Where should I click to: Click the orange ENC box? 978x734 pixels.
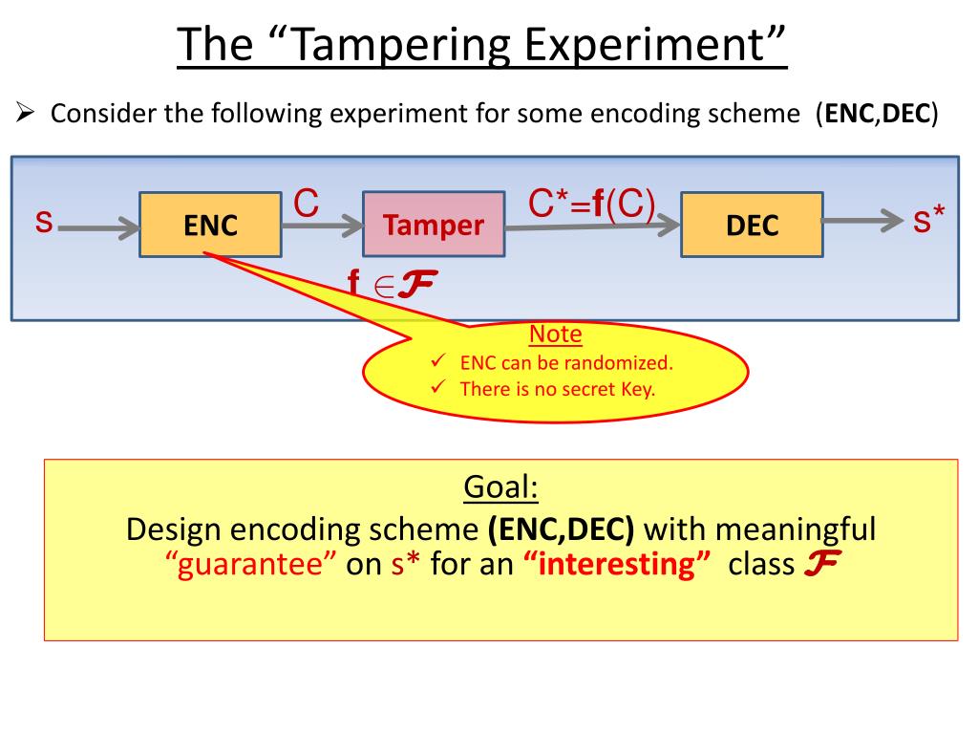[x=210, y=226]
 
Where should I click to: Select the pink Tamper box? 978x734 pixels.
[x=434, y=226]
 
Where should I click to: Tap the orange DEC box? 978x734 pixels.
[x=752, y=226]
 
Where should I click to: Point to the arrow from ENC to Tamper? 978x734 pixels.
[x=322, y=226]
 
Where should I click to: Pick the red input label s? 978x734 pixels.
[x=43, y=222]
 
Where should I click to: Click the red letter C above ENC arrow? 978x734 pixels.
[x=306, y=203]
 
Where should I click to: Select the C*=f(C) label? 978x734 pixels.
[x=592, y=204]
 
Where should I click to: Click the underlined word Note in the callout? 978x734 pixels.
[x=556, y=335]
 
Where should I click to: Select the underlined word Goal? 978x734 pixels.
[x=501, y=487]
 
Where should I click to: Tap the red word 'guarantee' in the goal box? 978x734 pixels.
[x=251, y=564]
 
